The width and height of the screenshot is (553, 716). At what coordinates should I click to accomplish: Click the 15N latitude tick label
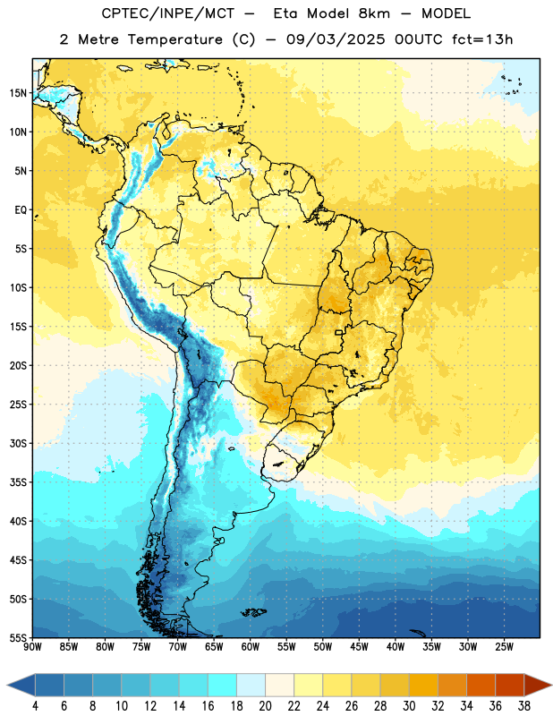click(18, 93)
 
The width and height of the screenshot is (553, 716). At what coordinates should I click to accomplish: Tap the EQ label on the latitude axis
click(21, 210)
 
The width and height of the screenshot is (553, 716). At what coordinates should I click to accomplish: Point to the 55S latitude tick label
click(18, 637)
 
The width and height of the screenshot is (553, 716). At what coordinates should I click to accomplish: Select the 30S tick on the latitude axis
click(18, 443)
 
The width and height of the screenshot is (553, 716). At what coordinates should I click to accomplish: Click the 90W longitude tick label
click(32, 647)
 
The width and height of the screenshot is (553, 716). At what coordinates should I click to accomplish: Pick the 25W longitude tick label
click(504, 647)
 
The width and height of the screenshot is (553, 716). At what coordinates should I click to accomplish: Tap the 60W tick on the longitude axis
click(251, 647)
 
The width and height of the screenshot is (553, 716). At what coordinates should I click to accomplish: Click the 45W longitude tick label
click(360, 647)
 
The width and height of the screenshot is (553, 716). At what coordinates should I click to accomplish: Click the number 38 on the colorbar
click(524, 706)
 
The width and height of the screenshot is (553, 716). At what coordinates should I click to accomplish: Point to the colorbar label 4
click(35, 706)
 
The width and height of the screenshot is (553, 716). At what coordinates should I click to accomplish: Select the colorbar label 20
click(265, 706)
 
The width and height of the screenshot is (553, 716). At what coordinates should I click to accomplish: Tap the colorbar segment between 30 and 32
click(423, 685)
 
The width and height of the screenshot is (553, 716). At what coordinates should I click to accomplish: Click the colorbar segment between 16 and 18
click(222, 685)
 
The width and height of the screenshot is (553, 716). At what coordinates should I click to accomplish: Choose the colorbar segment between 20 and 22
click(279, 685)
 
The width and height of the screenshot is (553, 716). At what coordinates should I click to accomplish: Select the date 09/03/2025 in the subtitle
click(336, 39)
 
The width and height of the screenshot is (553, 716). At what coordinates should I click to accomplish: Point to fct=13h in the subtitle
click(482, 39)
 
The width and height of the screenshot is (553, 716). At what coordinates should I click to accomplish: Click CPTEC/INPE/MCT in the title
click(168, 14)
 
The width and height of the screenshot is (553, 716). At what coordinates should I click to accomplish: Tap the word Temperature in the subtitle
click(174, 40)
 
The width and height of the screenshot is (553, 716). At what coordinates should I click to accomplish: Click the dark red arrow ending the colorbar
click(537, 685)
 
